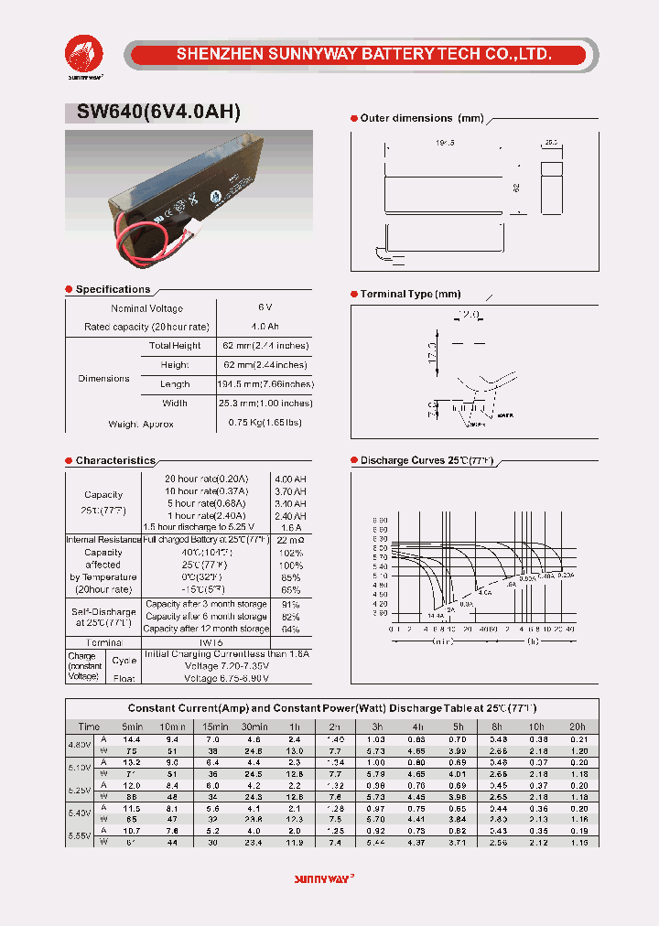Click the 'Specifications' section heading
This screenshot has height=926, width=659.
pos(113,289)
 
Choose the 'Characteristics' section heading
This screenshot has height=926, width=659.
pos(115,461)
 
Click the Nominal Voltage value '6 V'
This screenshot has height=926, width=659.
pos(265,308)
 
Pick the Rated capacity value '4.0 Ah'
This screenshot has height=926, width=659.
pos(265,327)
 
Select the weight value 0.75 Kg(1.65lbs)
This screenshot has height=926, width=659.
pos(265,423)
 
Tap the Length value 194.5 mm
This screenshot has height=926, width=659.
pos(265,384)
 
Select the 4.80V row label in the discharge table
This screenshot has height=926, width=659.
pos(79,744)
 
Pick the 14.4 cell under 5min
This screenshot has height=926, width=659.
pos(132,738)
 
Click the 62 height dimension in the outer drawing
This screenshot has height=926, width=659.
pos(515,187)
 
